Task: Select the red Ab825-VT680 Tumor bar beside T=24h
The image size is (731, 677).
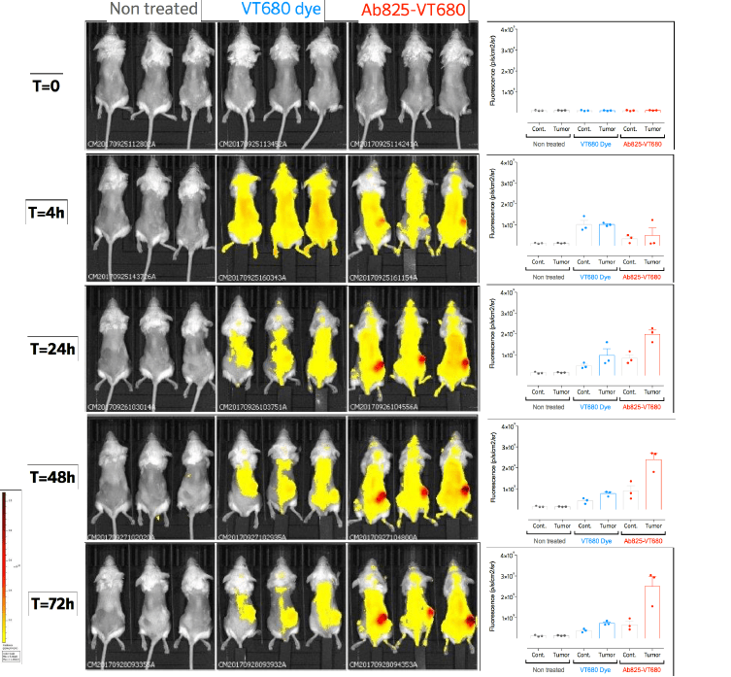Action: tap(652, 354)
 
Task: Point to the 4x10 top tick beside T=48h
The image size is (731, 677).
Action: tap(514, 427)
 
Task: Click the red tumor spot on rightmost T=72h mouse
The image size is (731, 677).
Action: tap(470, 619)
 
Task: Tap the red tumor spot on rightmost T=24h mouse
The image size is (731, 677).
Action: tap(468, 362)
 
